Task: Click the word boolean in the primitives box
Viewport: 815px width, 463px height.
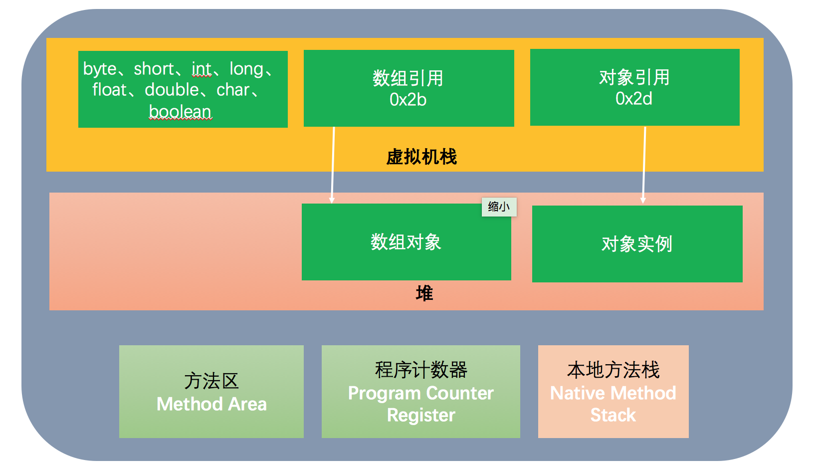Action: (180, 111)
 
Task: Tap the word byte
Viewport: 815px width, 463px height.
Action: (100, 69)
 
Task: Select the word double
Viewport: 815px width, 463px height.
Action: (172, 89)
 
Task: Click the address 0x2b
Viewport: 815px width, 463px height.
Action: (408, 99)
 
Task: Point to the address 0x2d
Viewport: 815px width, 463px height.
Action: (634, 98)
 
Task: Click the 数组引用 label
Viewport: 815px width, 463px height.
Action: (408, 78)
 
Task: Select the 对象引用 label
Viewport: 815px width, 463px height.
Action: (634, 77)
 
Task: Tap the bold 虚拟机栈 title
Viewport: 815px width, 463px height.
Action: (421, 157)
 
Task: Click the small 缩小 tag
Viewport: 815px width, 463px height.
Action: (499, 207)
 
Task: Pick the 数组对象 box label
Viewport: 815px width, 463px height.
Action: (406, 241)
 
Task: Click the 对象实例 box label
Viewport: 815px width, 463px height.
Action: (637, 243)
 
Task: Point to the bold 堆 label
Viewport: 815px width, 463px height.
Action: (424, 293)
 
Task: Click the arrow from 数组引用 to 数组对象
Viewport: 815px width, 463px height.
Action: (333, 165)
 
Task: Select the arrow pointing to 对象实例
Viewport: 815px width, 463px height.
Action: (644, 165)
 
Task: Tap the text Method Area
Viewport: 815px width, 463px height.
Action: (212, 404)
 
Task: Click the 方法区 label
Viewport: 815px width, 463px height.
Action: (211, 381)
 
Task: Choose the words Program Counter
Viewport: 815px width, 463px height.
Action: (421, 394)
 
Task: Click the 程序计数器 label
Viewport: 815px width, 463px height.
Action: (421, 370)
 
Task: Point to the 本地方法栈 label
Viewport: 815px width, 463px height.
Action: (613, 370)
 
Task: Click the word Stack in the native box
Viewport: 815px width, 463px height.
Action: (613, 415)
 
